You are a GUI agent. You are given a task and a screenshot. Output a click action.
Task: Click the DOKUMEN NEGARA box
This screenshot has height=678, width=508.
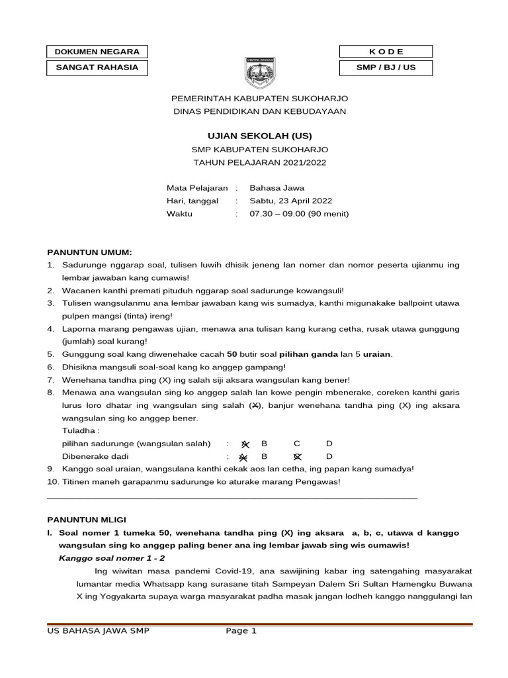[x=97, y=52]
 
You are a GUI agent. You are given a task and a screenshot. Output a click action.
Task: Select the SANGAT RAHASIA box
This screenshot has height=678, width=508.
[x=97, y=68]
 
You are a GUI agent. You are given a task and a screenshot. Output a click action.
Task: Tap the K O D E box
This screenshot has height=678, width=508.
[x=386, y=52]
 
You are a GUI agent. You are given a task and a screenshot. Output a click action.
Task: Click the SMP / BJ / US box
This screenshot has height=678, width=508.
[x=386, y=68]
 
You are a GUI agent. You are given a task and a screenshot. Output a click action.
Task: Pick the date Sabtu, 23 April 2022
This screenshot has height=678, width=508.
[x=290, y=201]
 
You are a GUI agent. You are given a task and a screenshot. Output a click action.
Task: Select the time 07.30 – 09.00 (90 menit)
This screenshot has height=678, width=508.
[x=298, y=214]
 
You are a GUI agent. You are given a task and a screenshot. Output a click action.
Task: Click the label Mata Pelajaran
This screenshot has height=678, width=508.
[x=197, y=188]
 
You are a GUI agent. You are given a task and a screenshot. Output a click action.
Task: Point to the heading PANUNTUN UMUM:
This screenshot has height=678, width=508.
[x=89, y=252]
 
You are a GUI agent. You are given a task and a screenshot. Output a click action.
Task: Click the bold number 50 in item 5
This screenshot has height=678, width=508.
[x=232, y=354]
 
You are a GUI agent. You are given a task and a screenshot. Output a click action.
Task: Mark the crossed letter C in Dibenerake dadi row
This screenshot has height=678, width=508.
[x=297, y=457]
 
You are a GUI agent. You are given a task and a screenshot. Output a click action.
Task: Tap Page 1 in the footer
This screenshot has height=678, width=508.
[x=241, y=631]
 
